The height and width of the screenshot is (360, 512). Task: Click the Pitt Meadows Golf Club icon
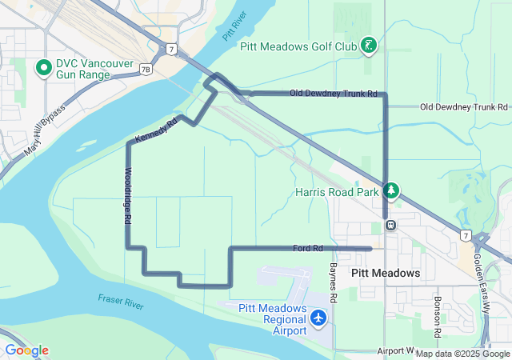point(368,46)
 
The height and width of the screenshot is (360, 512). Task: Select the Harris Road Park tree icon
point(391,190)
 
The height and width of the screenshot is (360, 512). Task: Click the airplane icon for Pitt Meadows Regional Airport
point(319,318)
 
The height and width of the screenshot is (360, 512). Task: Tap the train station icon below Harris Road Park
point(390,224)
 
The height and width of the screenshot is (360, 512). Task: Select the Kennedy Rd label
point(155,131)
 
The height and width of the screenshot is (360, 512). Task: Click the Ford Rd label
point(308,249)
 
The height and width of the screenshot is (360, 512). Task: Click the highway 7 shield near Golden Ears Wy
point(466,235)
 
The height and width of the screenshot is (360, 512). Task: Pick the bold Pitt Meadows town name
point(386,274)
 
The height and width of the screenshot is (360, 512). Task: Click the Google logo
point(26,350)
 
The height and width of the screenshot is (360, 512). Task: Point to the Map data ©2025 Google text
point(462,354)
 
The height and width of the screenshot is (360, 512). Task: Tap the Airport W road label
point(395,350)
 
